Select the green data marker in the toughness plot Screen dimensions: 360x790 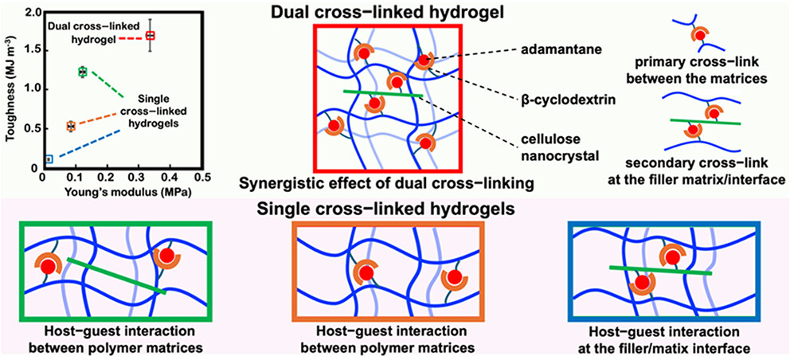82,72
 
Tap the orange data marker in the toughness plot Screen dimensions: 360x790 71,126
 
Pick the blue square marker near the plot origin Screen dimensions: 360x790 49,159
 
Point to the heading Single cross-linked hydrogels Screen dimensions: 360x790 392,210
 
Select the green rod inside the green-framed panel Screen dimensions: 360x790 115,276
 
